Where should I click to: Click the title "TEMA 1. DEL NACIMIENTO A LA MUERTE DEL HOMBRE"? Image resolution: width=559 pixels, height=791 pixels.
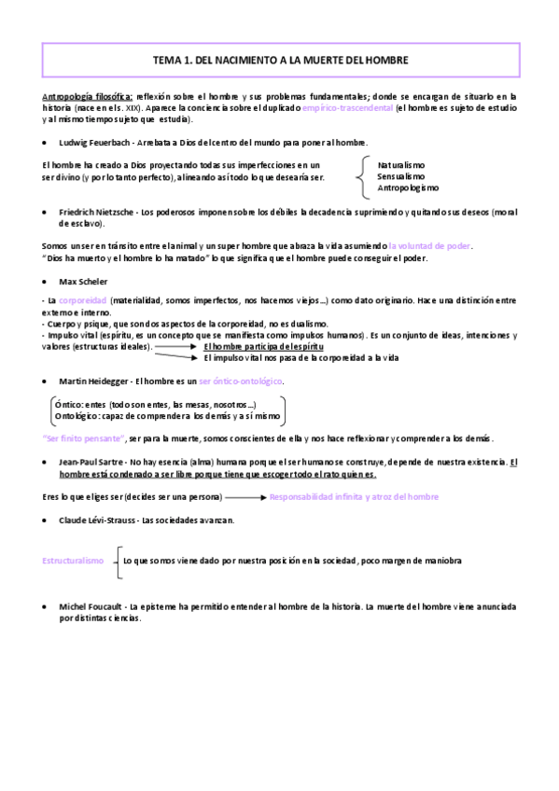coord(279,60)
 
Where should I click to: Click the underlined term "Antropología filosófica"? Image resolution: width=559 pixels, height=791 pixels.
coord(88,96)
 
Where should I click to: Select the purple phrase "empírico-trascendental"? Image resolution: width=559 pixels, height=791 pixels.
coord(345,108)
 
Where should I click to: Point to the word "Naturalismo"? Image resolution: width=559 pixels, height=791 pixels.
coord(401,163)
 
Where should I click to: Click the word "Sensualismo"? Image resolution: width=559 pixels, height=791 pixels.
coord(401,175)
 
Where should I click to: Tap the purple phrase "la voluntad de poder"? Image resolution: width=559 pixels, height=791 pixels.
coord(429,245)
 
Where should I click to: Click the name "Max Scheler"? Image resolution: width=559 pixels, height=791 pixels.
coord(83,280)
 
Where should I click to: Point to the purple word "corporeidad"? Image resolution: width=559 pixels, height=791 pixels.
coord(82,302)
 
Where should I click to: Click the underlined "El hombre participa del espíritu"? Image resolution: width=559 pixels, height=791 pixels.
coord(263,346)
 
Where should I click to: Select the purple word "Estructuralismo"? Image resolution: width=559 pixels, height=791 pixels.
coord(73,561)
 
